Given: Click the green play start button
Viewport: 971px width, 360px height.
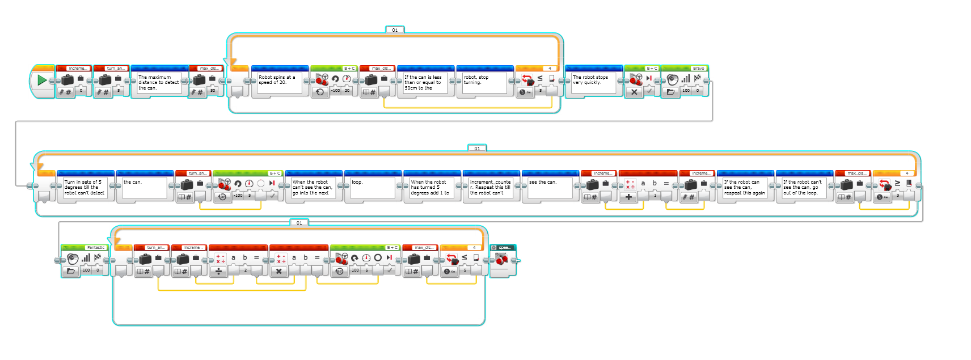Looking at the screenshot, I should tap(41, 81).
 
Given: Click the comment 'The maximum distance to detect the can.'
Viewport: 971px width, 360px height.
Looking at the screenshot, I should tap(159, 83).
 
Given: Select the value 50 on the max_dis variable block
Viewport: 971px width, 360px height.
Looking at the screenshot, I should tap(213, 91).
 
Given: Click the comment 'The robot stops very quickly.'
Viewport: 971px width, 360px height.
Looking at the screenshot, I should tap(593, 81).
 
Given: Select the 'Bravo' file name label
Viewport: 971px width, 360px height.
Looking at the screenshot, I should tap(698, 69).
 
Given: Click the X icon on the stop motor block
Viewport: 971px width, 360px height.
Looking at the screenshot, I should tap(634, 92).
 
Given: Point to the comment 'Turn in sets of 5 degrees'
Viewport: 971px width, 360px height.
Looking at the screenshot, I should tap(85, 188).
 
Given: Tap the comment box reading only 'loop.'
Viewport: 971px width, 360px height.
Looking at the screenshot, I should tap(372, 188).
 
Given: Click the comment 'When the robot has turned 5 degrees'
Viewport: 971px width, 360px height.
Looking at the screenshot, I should tap(431, 188).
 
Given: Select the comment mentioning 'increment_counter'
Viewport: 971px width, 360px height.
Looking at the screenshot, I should tap(491, 188).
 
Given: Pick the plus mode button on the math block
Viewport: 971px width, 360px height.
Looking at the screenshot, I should tap(628, 197).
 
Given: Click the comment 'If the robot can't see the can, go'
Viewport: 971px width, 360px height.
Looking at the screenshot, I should tap(804, 188).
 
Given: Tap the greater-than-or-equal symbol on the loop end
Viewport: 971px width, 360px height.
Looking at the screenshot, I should tap(897, 183).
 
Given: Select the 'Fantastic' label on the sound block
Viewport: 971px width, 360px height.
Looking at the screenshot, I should tap(96, 248).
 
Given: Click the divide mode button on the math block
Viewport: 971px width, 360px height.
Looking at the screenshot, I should tap(218, 272).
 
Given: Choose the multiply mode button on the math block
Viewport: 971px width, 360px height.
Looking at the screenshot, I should tap(278, 272).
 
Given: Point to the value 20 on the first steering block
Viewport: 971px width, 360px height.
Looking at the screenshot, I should tap(347, 91).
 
